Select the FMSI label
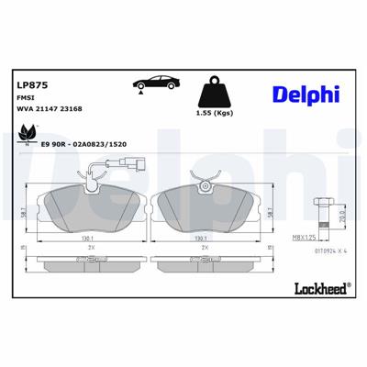pos(26,98)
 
